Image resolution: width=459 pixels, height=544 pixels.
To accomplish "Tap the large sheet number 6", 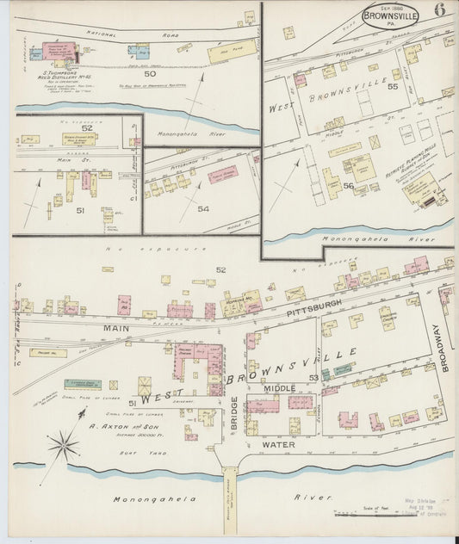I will click(x=440, y=10).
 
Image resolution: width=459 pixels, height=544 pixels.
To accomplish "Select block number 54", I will click(x=203, y=208).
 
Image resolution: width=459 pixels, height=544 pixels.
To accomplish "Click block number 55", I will click(x=393, y=87).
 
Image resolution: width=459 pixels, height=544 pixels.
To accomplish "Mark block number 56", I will click(x=348, y=186).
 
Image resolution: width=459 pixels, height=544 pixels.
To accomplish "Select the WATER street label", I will click(x=281, y=445).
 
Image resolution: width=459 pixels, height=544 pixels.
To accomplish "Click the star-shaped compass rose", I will click(x=63, y=446).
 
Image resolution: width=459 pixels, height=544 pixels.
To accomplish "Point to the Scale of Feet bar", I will click(x=370, y=515).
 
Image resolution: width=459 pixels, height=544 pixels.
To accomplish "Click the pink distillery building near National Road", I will click(x=59, y=54).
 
